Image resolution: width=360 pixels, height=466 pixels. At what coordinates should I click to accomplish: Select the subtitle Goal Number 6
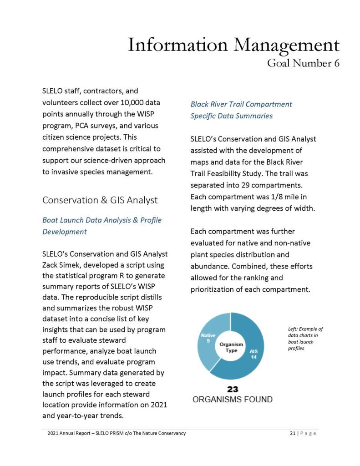pyautogui.click(x=303, y=63)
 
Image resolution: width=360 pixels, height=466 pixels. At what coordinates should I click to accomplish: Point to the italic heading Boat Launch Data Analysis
pyautogui.click(x=101, y=220)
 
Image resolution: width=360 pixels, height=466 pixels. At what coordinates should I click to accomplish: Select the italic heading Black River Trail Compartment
pyautogui.click(x=241, y=104)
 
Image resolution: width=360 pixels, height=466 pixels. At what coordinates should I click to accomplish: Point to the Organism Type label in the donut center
pyautogui.click(x=231, y=347)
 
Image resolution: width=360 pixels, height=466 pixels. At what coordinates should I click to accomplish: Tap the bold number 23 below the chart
pyautogui.click(x=232, y=389)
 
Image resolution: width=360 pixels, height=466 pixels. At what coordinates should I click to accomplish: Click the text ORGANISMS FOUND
pyautogui.click(x=232, y=400)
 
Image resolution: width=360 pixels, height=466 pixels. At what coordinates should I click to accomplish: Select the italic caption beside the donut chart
pyautogui.click(x=305, y=338)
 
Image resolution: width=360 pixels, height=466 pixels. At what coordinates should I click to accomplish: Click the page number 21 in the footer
pyautogui.click(x=293, y=433)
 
